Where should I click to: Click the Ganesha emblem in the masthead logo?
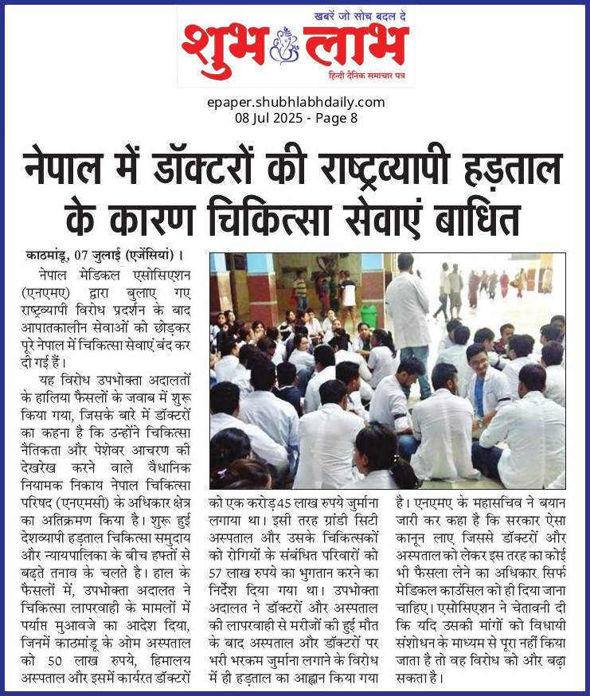pyautogui.click(x=285, y=45)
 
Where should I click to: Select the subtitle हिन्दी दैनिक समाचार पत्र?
pyautogui.click(x=369, y=75)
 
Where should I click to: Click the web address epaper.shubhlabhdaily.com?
pyautogui.click(x=295, y=102)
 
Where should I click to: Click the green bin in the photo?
pyautogui.click(x=368, y=316)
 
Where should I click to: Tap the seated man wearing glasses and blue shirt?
pyautogui.click(x=488, y=382)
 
